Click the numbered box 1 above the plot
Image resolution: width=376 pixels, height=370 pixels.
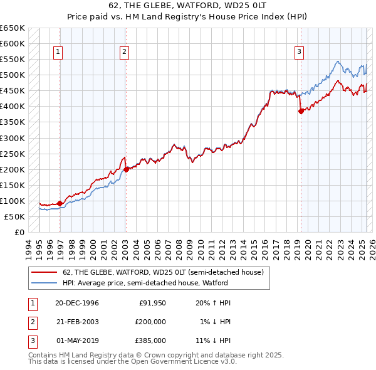(58, 52)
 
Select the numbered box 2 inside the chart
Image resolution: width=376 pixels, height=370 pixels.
(125, 52)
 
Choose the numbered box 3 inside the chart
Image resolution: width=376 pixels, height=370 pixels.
(300, 52)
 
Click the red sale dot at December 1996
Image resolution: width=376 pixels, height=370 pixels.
(60, 203)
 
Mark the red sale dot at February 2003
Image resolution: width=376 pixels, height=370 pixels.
(126, 169)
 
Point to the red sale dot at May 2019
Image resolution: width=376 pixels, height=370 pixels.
(301, 111)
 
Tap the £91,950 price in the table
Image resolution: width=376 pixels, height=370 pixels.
(152, 303)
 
